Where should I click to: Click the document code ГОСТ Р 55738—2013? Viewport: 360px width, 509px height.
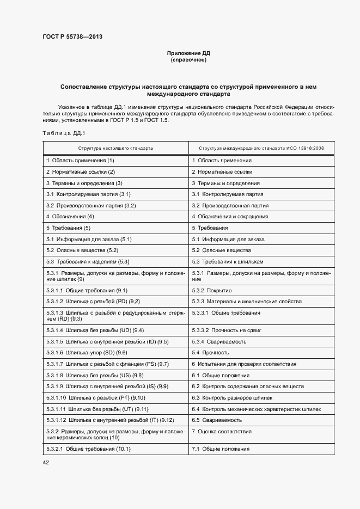(x=72, y=37)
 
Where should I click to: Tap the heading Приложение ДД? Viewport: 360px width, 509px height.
(x=188, y=53)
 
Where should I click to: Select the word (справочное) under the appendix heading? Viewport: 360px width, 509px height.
(x=188, y=60)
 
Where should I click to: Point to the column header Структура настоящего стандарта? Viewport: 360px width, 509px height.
(x=115, y=148)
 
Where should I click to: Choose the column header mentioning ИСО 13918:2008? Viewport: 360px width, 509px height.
(x=261, y=148)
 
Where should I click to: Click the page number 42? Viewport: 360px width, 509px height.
(x=46, y=462)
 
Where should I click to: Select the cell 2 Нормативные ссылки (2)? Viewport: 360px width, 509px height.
(x=81, y=172)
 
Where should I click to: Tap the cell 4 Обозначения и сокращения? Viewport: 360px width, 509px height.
(x=229, y=217)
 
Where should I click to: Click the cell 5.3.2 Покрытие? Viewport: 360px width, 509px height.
(x=212, y=291)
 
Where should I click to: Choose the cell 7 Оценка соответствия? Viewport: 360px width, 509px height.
(x=221, y=431)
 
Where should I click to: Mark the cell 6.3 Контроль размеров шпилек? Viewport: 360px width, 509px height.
(x=236, y=397)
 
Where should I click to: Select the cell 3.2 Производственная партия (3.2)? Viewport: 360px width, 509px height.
(x=91, y=206)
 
